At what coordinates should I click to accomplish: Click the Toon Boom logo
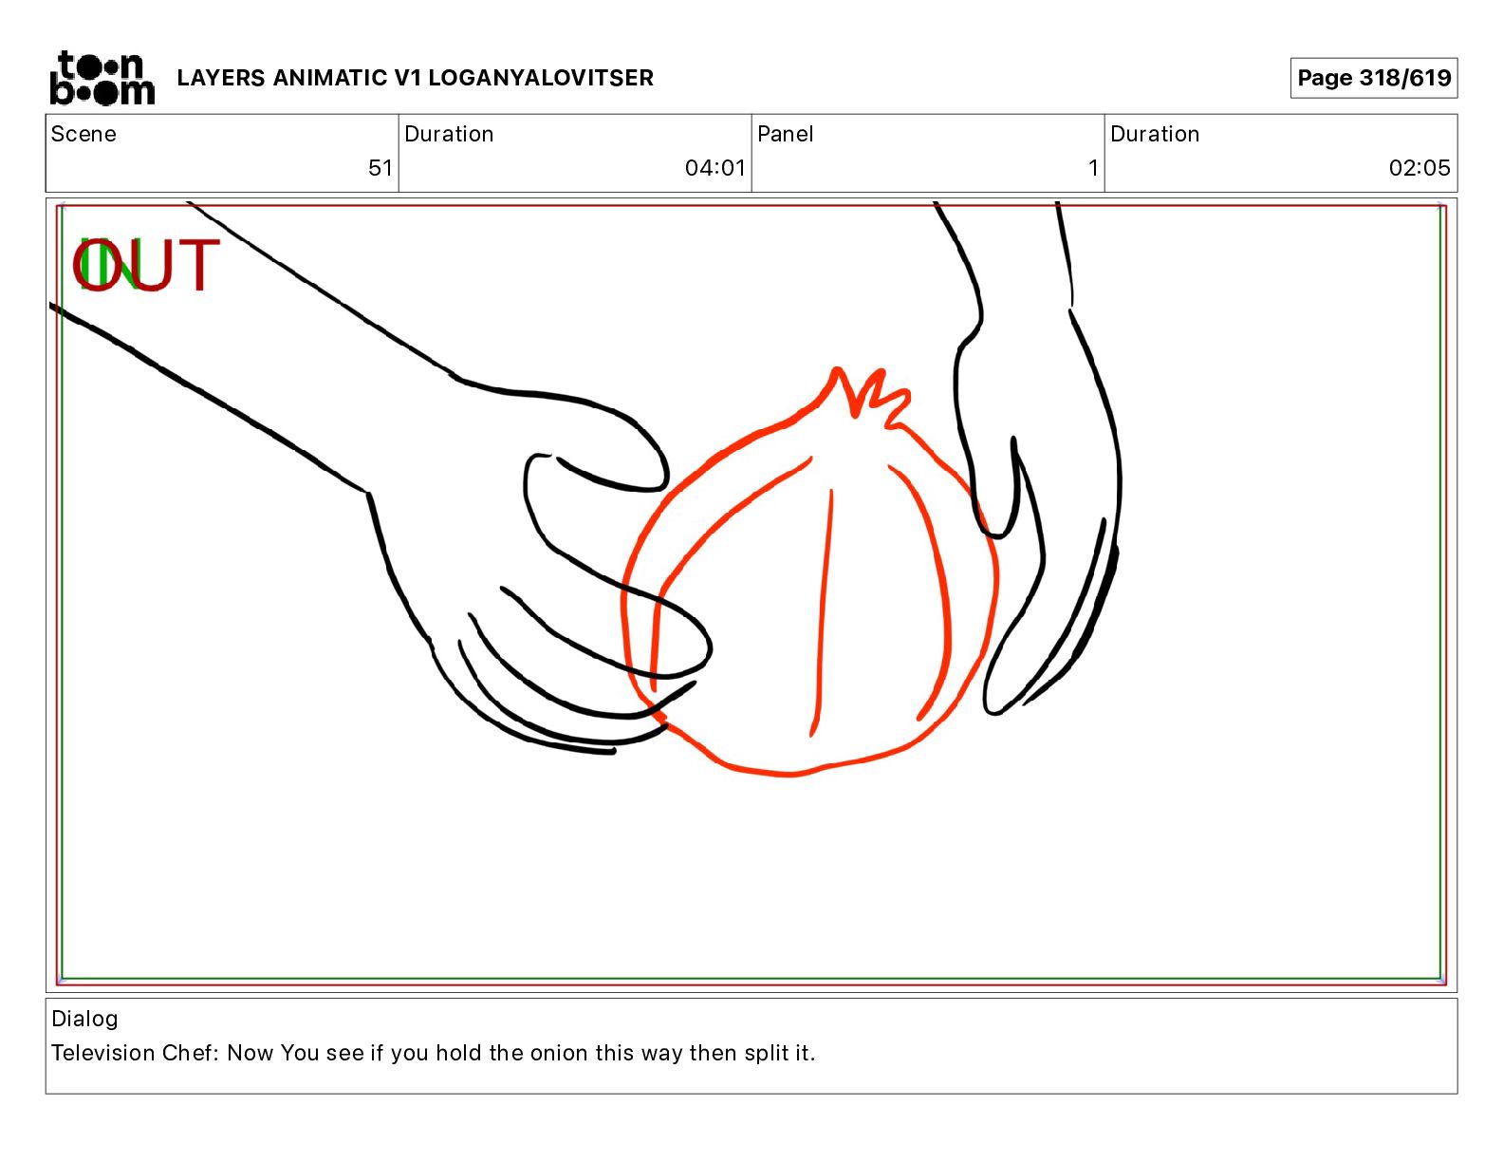[x=102, y=78]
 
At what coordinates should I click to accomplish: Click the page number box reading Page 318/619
[x=1373, y=78]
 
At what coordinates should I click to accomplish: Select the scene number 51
[x=380, y=167]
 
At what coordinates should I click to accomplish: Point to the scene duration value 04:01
[x=714, y=167]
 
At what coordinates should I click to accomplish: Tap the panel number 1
[x=1093, y=167]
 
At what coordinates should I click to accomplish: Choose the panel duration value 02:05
[x=1419, y=167]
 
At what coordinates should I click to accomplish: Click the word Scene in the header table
[x=83, y=134]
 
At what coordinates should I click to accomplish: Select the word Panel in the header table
[x=785, y=134]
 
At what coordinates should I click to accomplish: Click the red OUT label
[x=147, y=264]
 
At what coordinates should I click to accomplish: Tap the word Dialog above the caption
[x=84, y=1018]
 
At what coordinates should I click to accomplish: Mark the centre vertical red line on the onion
[x=823, y=612]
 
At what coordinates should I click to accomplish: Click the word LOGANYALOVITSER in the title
[x=540, y=78]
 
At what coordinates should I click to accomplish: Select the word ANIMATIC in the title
[x=329, y=78]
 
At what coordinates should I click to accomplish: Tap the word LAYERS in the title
[x=221, y=78]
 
